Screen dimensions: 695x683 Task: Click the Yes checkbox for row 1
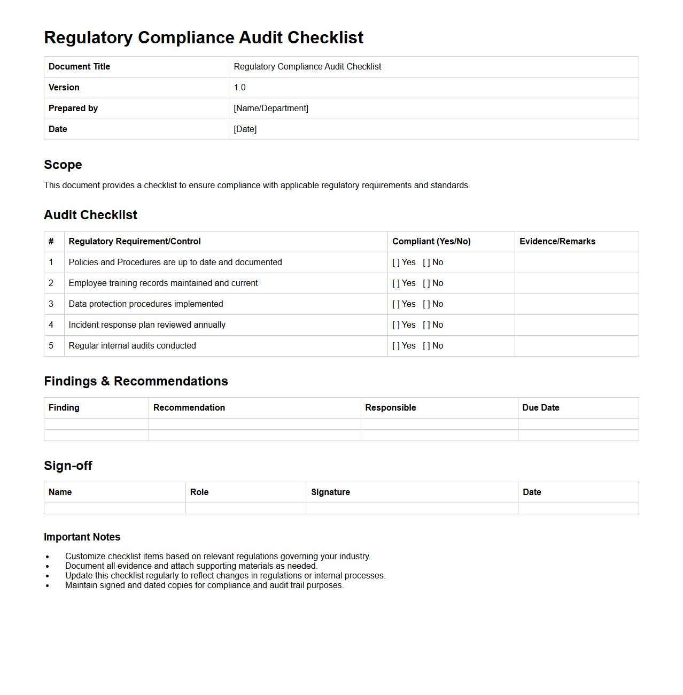pyautogui.click(x=396, y=262)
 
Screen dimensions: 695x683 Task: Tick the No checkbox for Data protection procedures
pyautogui.click(x=426, y=304)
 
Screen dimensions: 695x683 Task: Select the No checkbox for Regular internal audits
pyautogui.click(x=426, y=346)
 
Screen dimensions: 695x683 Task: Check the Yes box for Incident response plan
pyautogui.click(x=396, y=325)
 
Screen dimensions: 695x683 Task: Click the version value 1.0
pyautogui.click(x=239, y=88)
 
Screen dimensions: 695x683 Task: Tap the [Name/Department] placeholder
pyautogui.click(x=271, y=109)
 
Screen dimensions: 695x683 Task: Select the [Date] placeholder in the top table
pyautogui.click(x=245, y=129)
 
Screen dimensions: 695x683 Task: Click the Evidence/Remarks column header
pyautogui.click(x=557, y=242)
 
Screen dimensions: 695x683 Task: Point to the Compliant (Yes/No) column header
pyautogui.click(x=431, y=242)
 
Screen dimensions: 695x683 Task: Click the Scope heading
pyautogui.click(x=63, y=165)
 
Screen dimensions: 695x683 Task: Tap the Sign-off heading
pyautogui.click(x=68, y=466)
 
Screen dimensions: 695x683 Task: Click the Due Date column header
pyautogui.click(x=541, y=408)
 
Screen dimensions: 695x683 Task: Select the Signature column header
pyautogui.click(x=330, y=492)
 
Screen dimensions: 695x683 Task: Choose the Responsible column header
pyautogui.click(x=391, y=408)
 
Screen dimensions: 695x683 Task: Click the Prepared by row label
pyautogui.click(x=73, y=109)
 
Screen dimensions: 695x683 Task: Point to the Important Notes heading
pyautogui.click(x=82, y=537)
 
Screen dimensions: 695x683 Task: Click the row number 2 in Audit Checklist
pyautogui.click(x=51, y=283)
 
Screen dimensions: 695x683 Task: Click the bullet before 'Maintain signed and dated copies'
pyautogui.click(x=48, y=586)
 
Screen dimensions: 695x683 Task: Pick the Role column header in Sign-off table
pyautogui.click(x=199, y=492)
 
